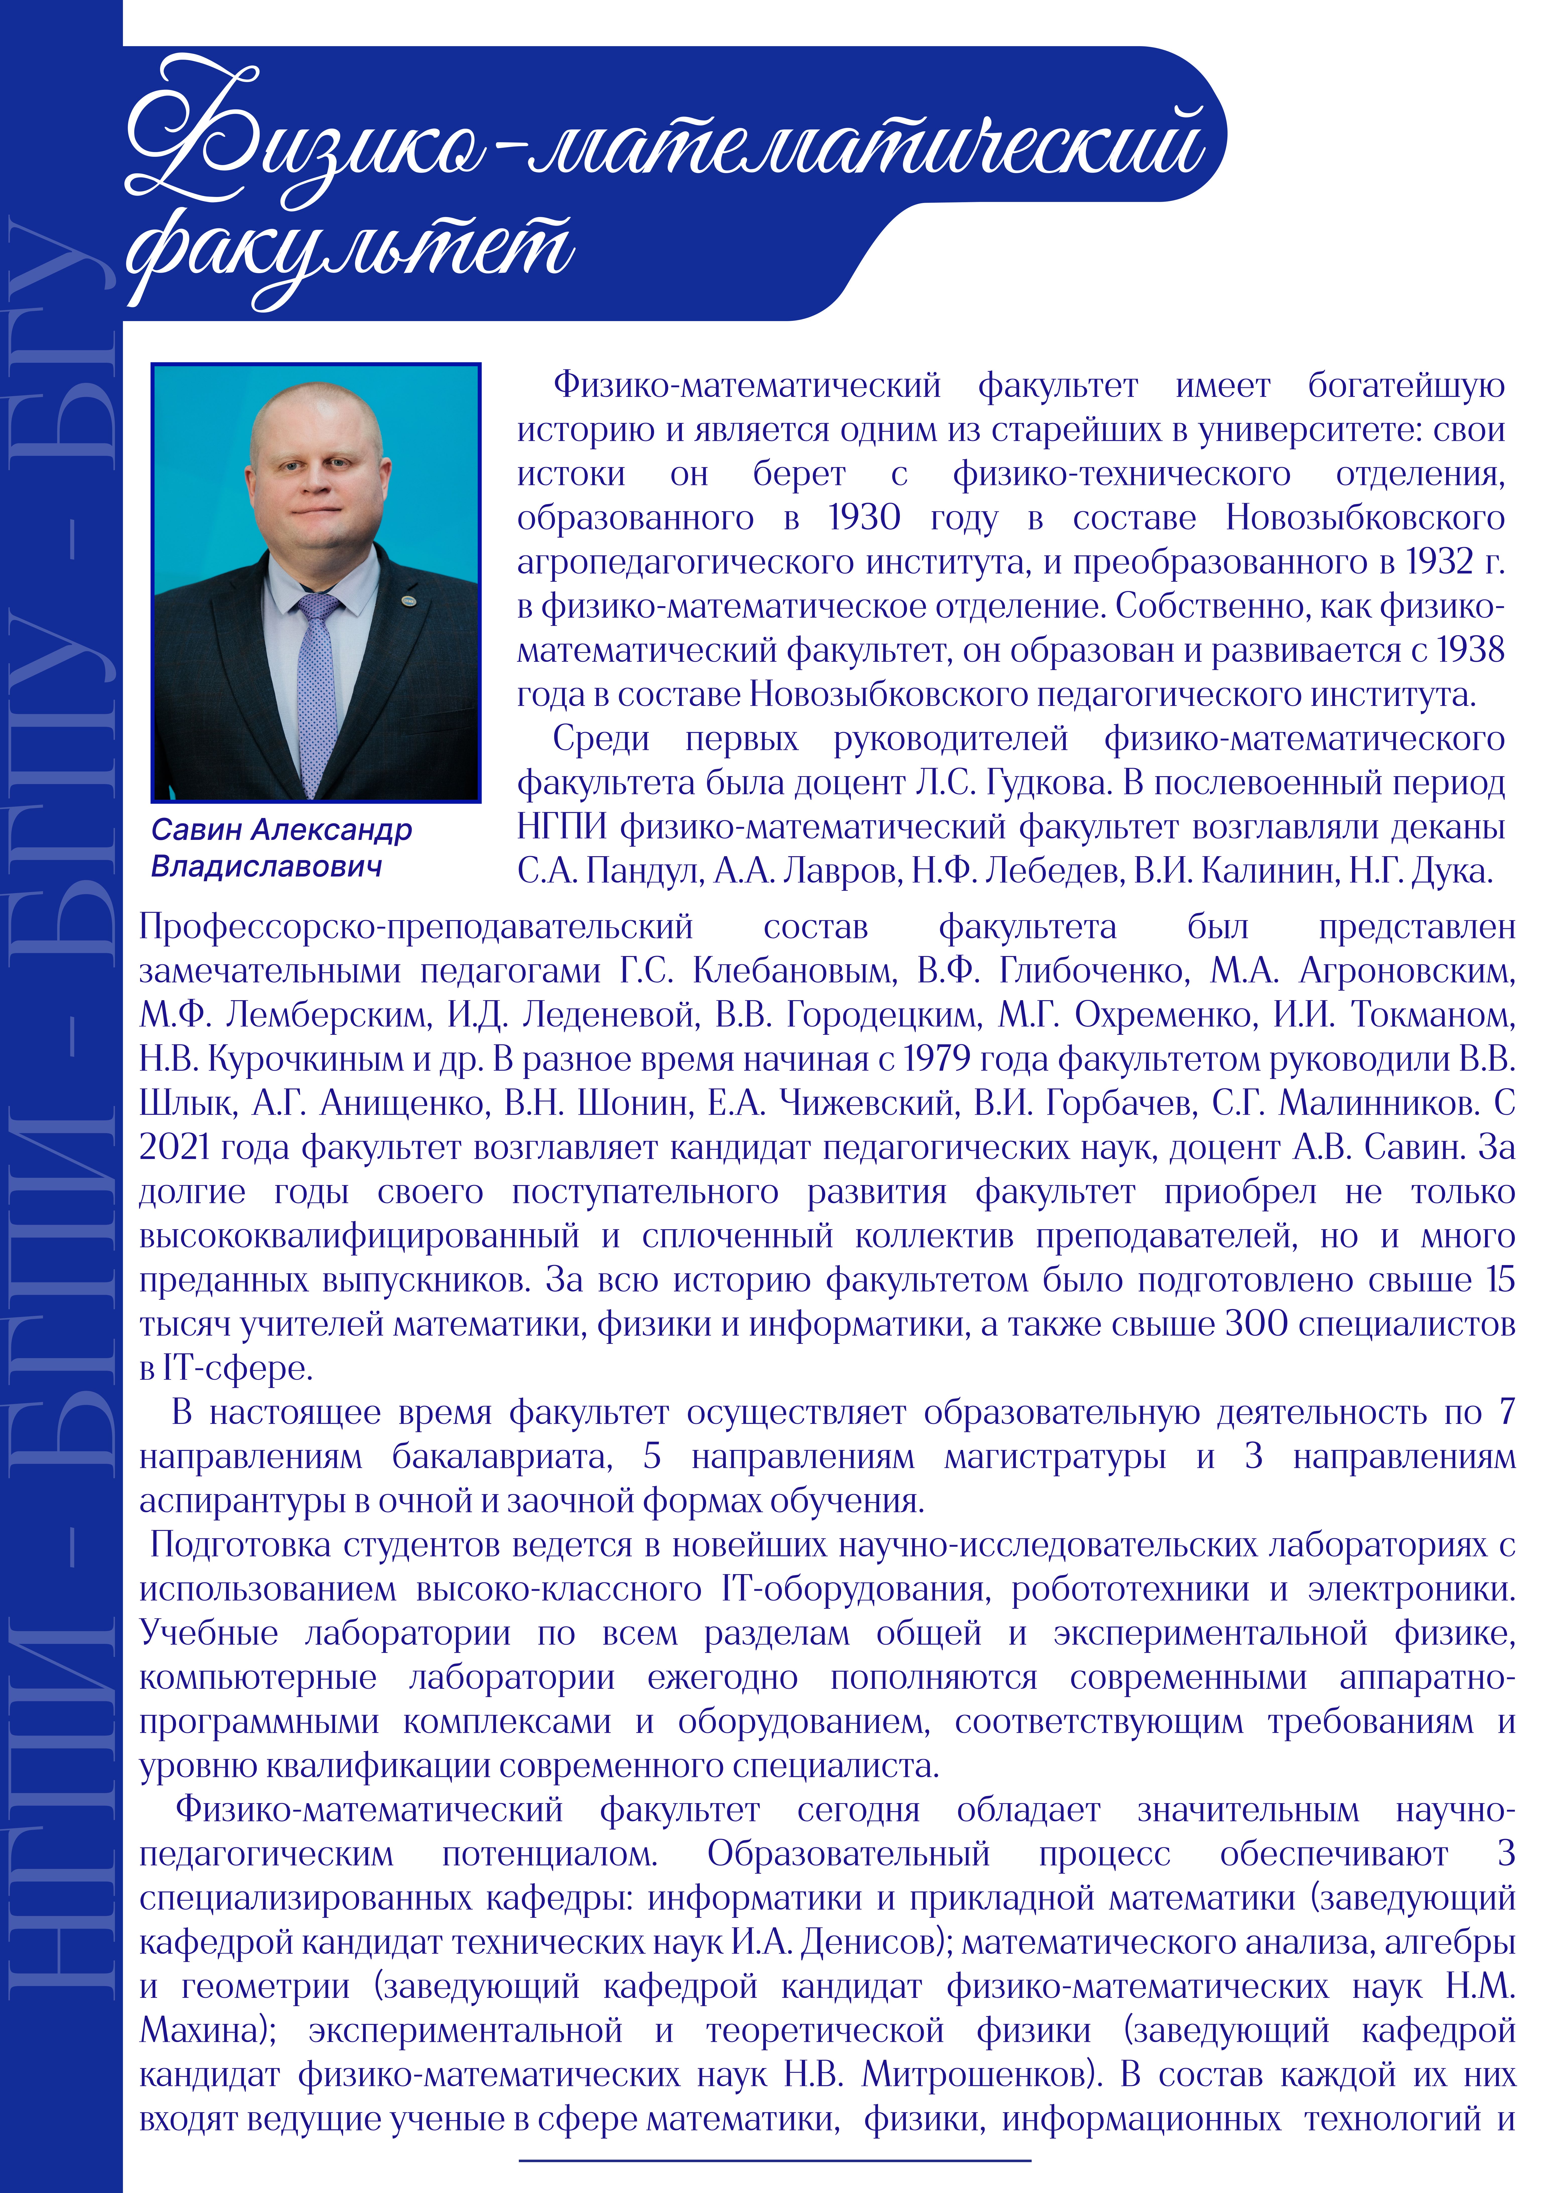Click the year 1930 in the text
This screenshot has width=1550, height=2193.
[x=864, y=518]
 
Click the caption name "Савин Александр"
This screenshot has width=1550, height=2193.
[x=282, y=830]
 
